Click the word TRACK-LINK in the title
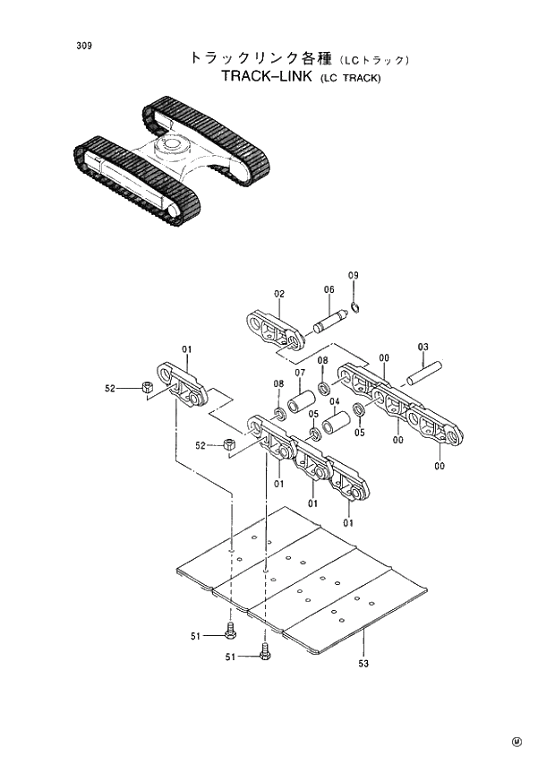tap(266, 77)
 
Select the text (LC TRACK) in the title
tap(349, 79)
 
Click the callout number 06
tap(329, 289)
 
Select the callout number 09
tap(353, 275)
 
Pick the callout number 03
tap(423, 347)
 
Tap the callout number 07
tap(300, 373)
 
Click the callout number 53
tap(363, 664)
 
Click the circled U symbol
tap(517, 742)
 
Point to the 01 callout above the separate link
tap(188, 349)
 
